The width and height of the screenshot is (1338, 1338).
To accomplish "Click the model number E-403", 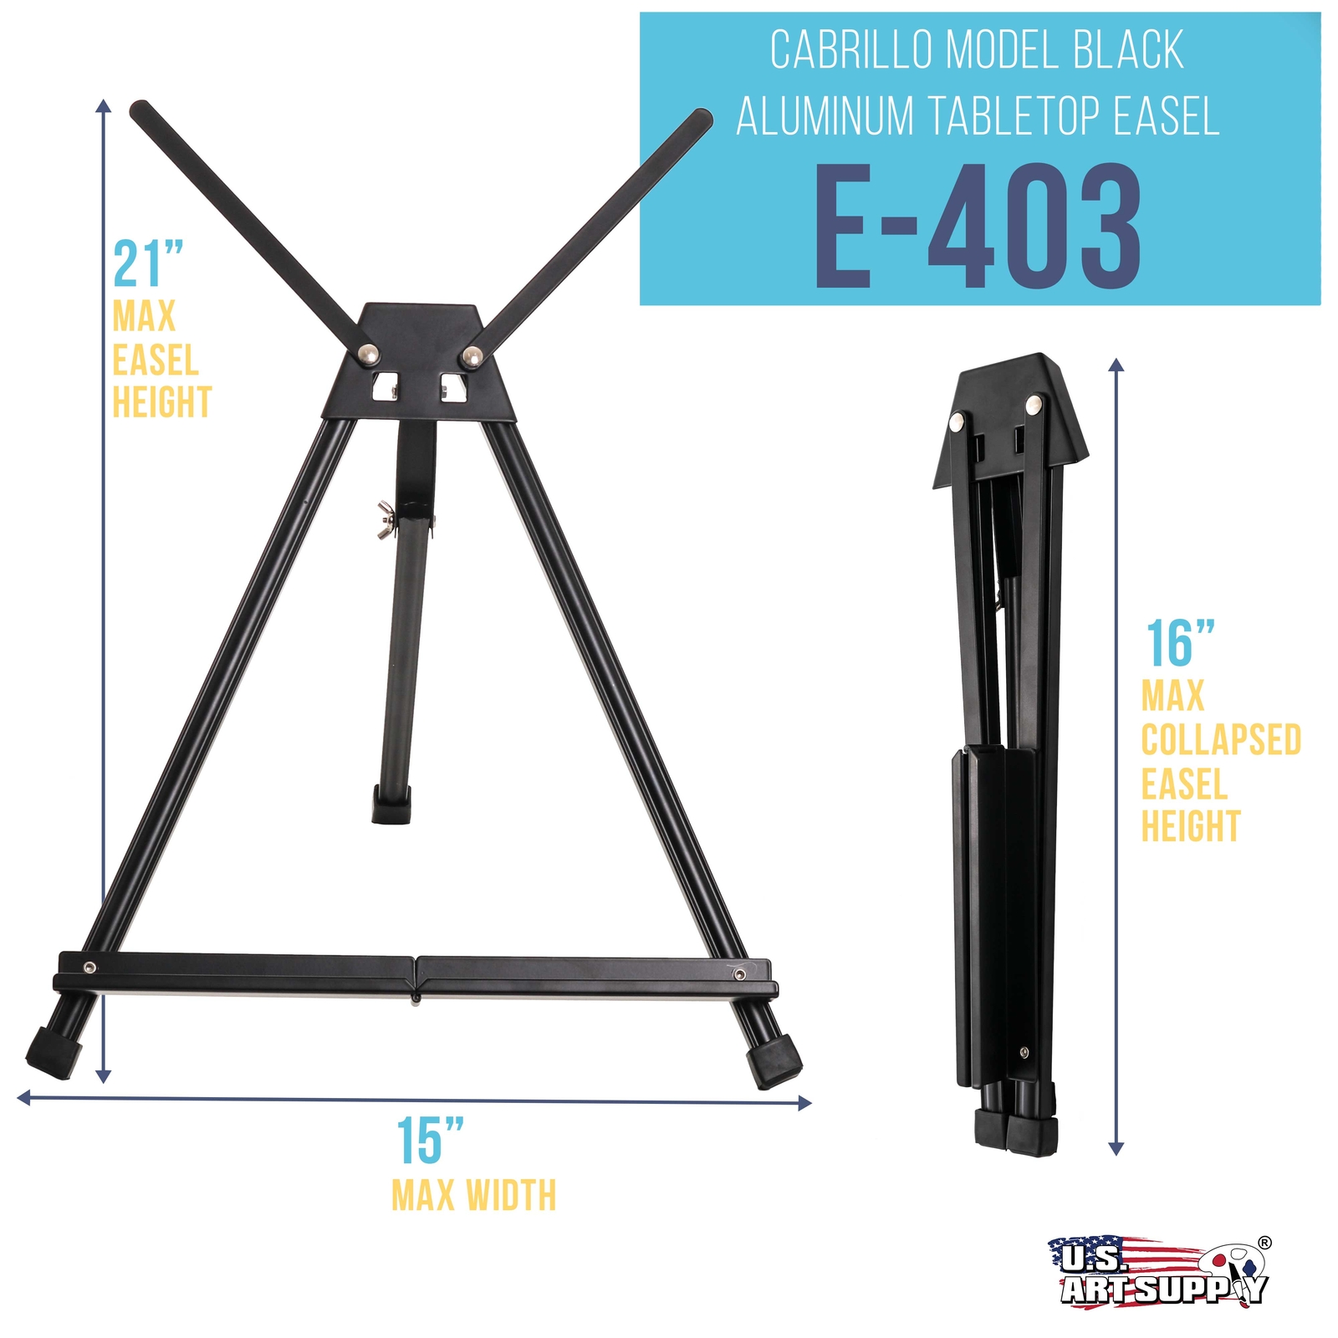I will pos(978,227).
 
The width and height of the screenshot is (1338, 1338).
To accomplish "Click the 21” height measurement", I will pos(148,264).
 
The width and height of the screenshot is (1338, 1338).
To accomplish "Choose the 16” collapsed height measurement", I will pos(1179,644).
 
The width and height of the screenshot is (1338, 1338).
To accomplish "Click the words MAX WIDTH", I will pos(473,1195).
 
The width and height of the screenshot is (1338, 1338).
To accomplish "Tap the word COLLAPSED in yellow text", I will pos(1221,740).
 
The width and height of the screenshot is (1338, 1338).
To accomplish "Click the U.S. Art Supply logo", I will pos(1159,1270).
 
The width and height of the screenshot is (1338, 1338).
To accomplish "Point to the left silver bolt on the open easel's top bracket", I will pos(367,355).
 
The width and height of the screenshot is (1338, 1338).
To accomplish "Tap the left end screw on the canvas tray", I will pos(89,968).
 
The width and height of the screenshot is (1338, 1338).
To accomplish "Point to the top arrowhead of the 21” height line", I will pos(103,105).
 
